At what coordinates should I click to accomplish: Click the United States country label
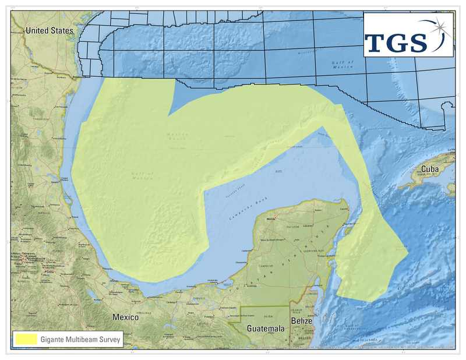pyautogui.click(x=50, y=30)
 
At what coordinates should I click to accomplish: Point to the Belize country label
pyautogui.click(x=302, y=322)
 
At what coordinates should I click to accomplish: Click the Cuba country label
pyautogui.click(x=430, y=169)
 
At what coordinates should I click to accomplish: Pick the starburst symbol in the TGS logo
pyautogui.click(x=442, y=27)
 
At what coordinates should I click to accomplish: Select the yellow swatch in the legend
pyautogui.click(x=26, y=338)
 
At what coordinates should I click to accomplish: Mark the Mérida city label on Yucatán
pyautogui.click(x=270, y=219)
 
